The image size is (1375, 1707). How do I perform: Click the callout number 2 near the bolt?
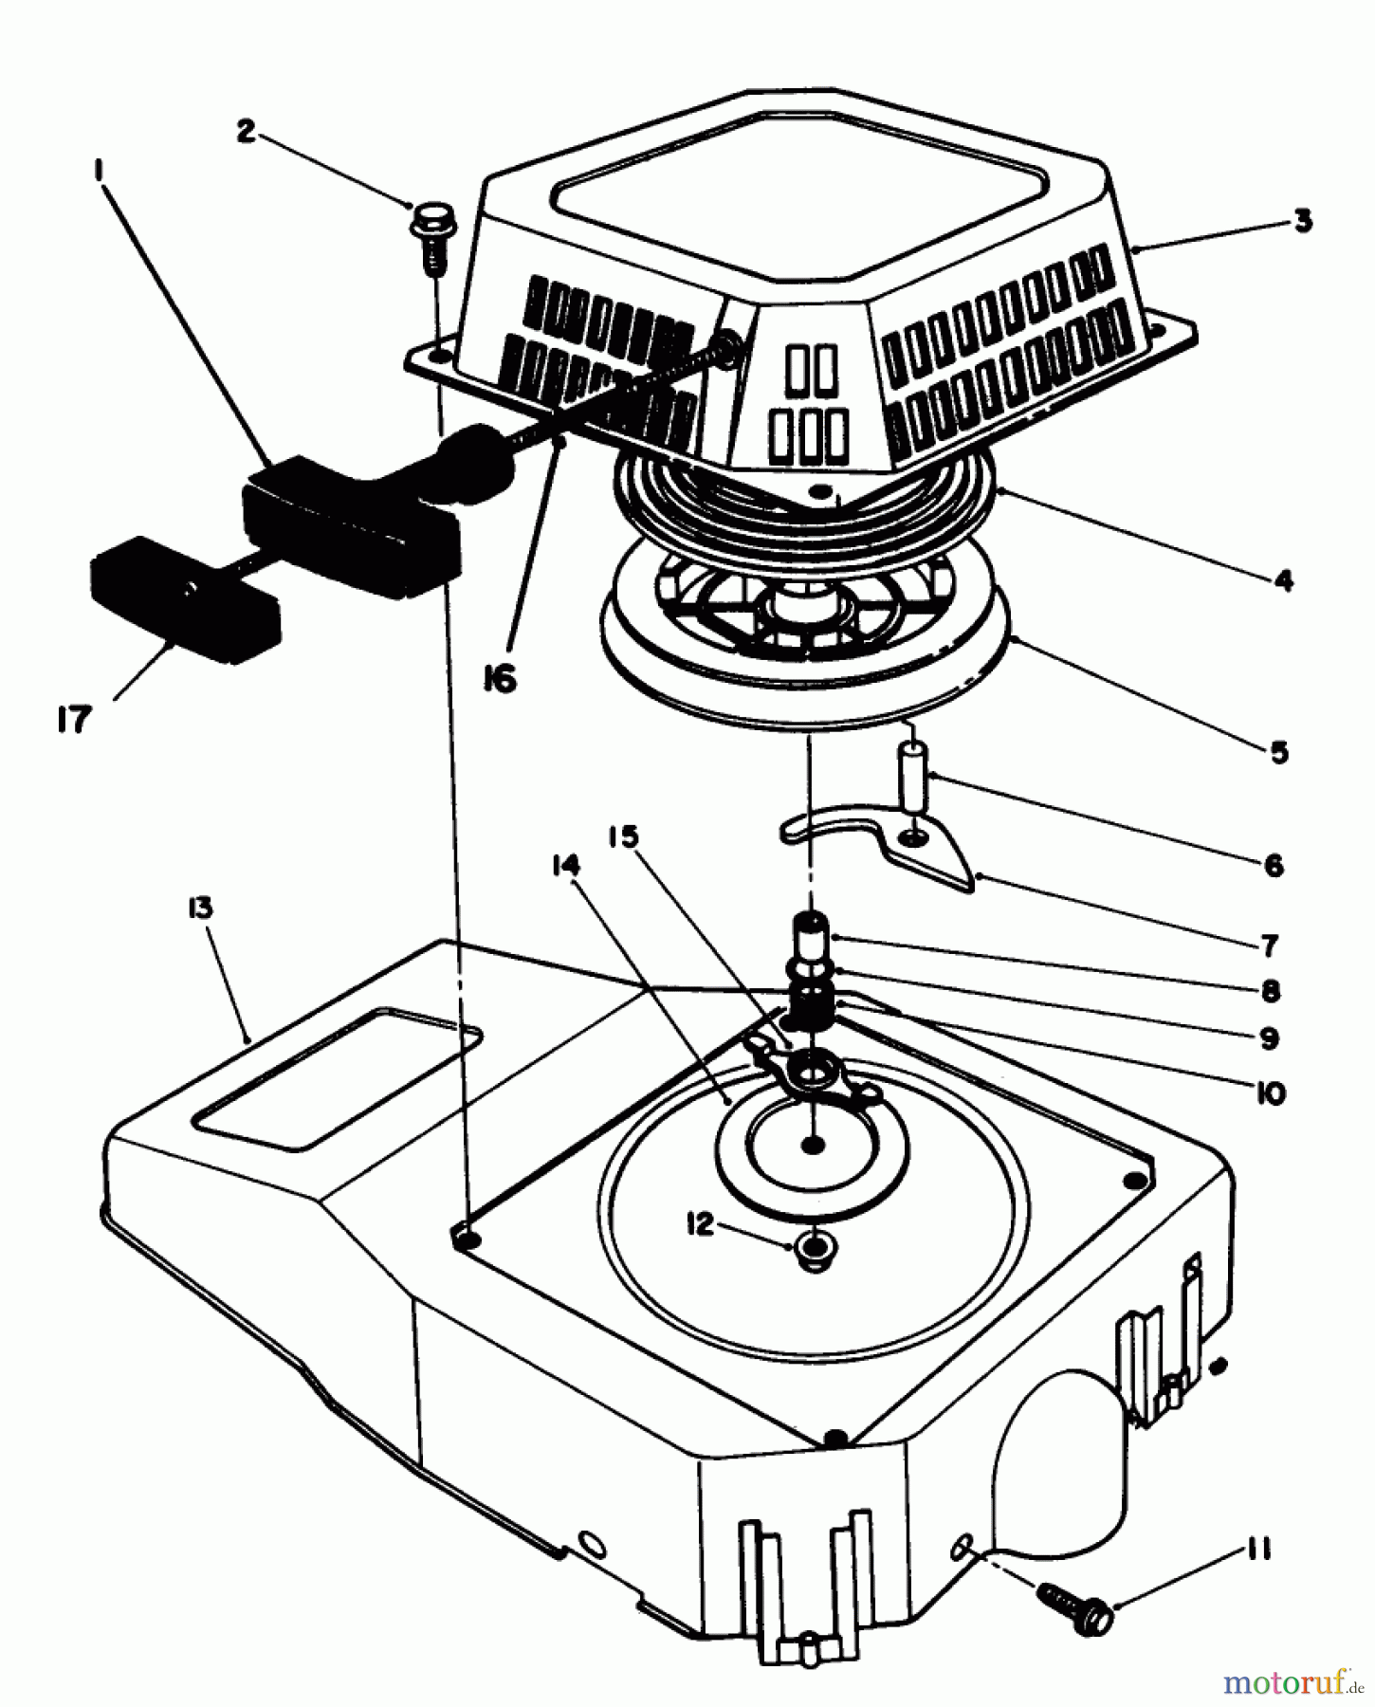pyautogui.click(x=247, y=131)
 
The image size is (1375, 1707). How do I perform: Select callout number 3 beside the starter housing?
pyautogui.click(x=1303, y=221)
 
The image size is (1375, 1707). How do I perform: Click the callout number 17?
pyautogui.click(x=73, y=719)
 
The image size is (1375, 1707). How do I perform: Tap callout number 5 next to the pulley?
pyautogui.click(x=1278, y=752)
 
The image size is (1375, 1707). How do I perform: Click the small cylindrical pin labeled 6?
pyautogui.click(x=914, y=776)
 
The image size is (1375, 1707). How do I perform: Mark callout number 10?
pyautogui.click(x=1270, y=1092)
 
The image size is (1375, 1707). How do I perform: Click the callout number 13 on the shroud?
pyautogui.click(x=200, y=908)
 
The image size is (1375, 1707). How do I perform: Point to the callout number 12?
pyautogui.click(x=700, y=1224)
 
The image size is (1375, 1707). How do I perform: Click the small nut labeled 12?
pyautogui.click(x=813, y=1251)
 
